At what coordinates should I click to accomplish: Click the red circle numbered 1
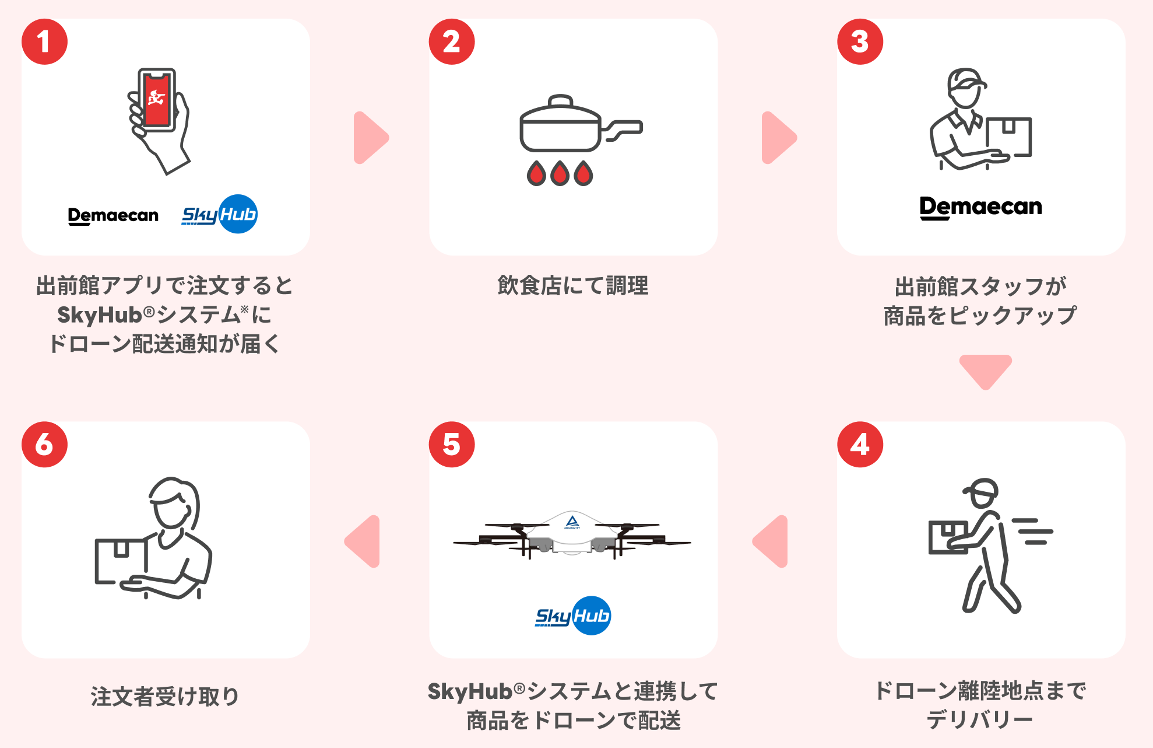tap(44, 41)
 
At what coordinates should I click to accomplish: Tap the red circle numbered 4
tap(860, 445)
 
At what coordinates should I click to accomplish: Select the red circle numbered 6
tap(44, 445)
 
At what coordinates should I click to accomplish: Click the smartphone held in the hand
tap(157, 100)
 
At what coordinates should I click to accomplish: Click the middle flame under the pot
tap(560, 173)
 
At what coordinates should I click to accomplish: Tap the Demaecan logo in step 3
tap(980, 207)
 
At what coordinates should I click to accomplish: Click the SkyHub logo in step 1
tap(220, 214)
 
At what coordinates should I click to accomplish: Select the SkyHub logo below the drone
tap(573, 616)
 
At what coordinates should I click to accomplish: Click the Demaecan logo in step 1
tap(113, 215)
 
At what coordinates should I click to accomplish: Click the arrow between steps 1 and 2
tap(370, 138)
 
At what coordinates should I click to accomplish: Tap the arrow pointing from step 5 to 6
tap(364, 541)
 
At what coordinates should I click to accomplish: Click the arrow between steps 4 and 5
tap(772, 541)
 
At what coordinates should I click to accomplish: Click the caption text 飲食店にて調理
tap(573, 285)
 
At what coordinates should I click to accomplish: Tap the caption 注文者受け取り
tap(165, 696)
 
